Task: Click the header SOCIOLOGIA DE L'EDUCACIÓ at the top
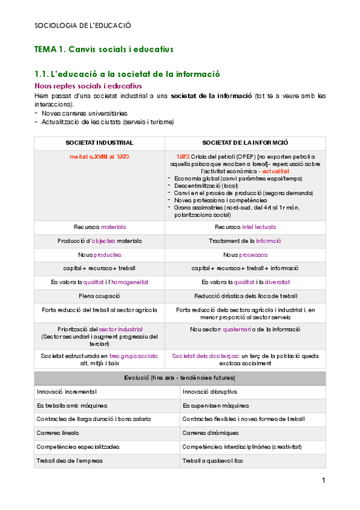pos(83,26)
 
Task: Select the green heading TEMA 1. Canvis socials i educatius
pos(104,49)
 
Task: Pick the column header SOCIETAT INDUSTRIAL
pos(99,143)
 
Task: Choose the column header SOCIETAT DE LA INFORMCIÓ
pos(245,143)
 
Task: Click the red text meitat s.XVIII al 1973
pos(99,156)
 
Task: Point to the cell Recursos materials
pos(100,227)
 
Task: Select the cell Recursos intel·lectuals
pos(245,227)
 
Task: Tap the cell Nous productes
pos(100,254)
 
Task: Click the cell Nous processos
pos(245,254)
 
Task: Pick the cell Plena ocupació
pos(100,296)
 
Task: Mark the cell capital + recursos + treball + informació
pos(245,268)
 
